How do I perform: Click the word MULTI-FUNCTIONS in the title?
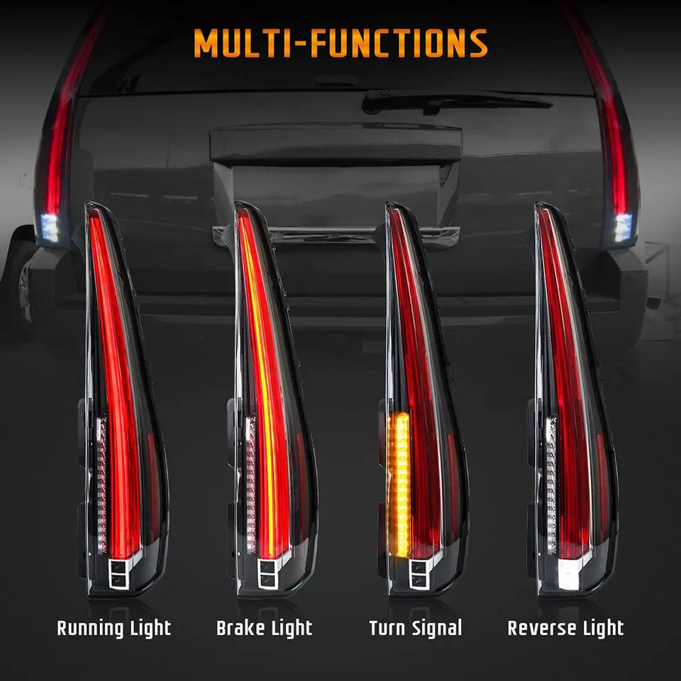point(340,43)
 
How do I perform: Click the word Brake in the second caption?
point(239,628)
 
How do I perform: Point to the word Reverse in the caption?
point(541,628)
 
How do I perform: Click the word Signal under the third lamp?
point(436,628)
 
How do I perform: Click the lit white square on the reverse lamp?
point(568,576)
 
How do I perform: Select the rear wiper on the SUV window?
point(454,101)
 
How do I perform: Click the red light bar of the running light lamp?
point(113,369)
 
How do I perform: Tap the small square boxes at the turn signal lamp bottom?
point(419,573)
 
